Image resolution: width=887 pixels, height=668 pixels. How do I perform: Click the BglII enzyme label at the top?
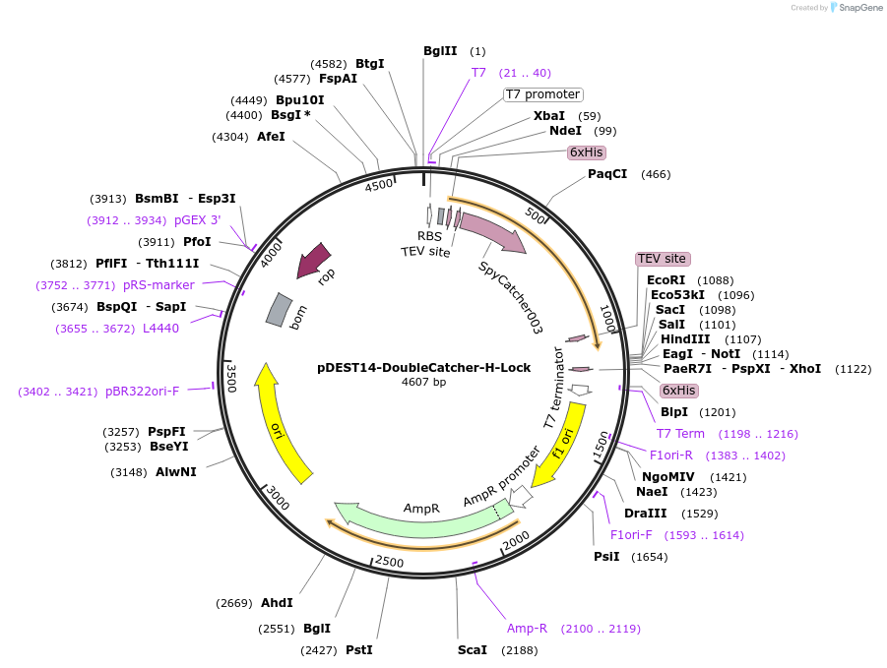[440, 51]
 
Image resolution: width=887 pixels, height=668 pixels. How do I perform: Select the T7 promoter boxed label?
[543, 94]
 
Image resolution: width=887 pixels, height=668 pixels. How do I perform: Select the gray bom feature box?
[280, 310]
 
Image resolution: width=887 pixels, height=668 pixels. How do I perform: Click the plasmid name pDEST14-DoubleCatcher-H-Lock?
[423, 368]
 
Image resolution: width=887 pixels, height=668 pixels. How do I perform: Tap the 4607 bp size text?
[423, 383]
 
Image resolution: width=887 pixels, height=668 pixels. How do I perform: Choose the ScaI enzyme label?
[473, 650]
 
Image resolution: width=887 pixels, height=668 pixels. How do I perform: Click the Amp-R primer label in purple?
[527, 629]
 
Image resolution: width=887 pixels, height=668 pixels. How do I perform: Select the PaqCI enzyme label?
[607, 174]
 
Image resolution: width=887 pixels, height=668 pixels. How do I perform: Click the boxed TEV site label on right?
[663, 259]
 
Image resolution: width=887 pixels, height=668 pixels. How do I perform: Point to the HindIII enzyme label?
[685, 339]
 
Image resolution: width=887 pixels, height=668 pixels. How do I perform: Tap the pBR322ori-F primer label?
[142, 391]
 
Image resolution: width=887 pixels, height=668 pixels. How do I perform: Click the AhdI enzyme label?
[277, 603]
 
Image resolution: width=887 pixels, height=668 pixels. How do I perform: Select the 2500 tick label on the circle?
[390, 562]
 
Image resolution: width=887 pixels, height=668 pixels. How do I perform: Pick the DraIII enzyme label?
[646, 514]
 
